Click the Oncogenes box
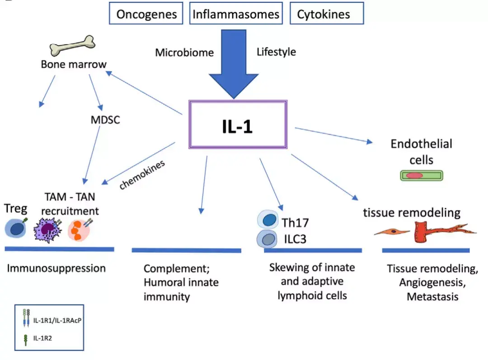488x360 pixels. click(146, 14)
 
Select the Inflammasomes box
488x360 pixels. click(236, 14)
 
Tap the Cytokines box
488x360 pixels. click(324, 14)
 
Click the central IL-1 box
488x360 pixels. click(237, 124)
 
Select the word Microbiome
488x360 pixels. click(184, 53)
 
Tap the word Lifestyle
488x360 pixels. click(277, 52)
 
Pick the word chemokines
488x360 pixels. click(142, 174)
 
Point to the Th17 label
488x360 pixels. click(296, 222)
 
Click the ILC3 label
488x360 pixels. click(294, 238)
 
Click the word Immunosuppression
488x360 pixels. click(56, 268)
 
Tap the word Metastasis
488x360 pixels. click(432, 297)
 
